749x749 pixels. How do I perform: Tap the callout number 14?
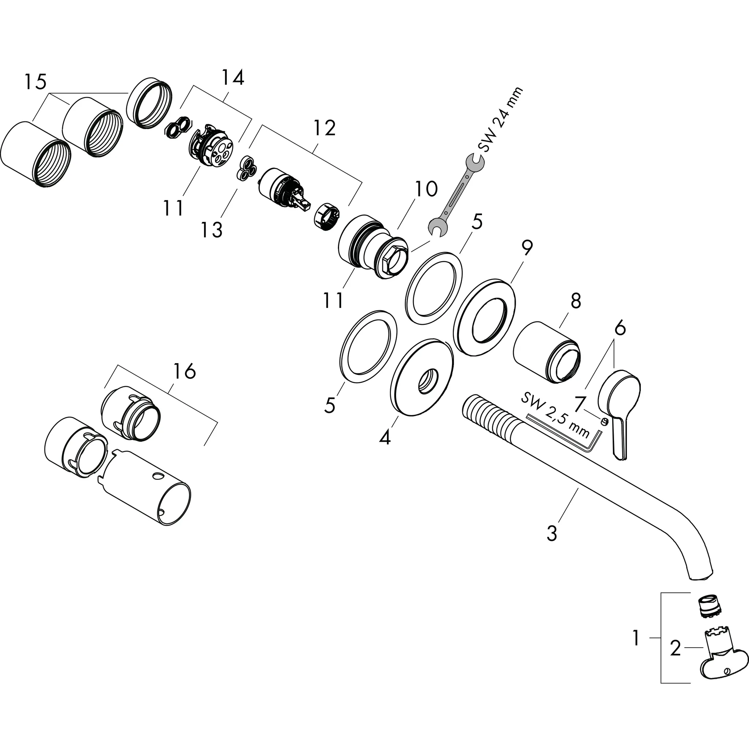[233, 78]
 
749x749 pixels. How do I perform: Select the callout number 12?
[324, 128]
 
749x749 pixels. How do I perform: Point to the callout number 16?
[184, 372]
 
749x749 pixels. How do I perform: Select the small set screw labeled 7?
[603, 421]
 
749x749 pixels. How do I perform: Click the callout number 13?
[212, 230]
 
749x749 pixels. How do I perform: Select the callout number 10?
[426, 189]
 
